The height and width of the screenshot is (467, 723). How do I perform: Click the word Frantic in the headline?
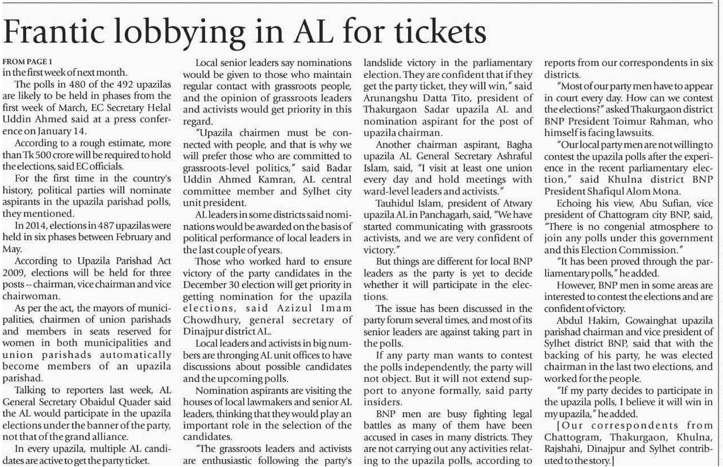[57, 32]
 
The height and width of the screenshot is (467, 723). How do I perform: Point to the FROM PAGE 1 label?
[28, 61]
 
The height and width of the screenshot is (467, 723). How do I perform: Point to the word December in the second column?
[203, 285]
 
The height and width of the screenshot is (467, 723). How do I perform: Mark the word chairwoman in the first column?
[31, 296]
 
